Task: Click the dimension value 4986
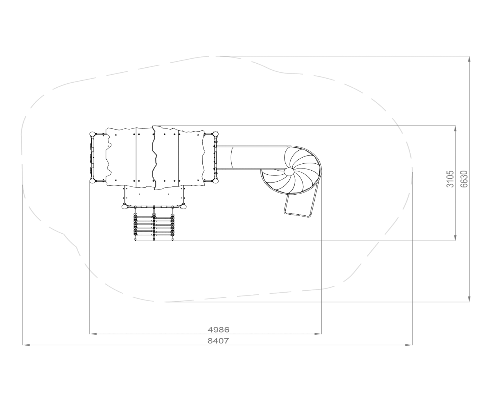218,330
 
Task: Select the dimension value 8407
218,341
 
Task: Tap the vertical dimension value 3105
450,179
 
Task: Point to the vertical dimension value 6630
464,179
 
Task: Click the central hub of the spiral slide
289,171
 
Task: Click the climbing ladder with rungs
154,224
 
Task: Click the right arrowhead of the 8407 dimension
409,345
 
